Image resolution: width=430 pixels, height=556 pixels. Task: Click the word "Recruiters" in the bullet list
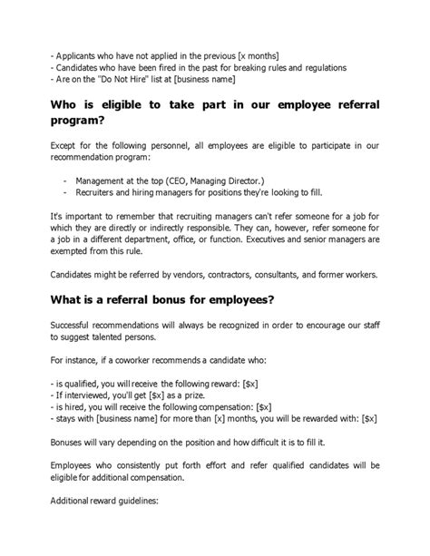(102, 193)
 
